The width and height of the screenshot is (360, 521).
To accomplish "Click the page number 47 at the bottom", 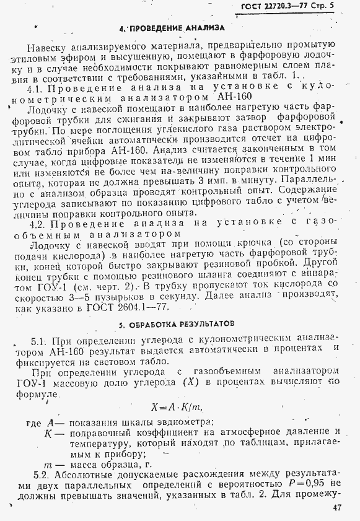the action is pos(336,507).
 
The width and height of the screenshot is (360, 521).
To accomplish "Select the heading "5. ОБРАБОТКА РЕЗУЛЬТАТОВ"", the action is pos(178,323).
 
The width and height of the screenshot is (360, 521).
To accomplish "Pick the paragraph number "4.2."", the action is pos(40,222).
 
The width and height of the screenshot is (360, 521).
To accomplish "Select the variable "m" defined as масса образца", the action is pos(48,463).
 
